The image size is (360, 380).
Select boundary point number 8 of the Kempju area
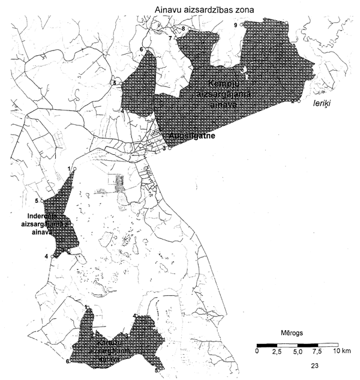click(182, 28)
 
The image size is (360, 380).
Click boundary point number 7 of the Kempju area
click(170, 38)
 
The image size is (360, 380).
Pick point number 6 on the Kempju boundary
click(141, 49)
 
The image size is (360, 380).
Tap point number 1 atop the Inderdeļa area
click(69, 168)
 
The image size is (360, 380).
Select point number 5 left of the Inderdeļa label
click(37, 201)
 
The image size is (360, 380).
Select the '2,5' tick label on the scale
click(277, 351)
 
